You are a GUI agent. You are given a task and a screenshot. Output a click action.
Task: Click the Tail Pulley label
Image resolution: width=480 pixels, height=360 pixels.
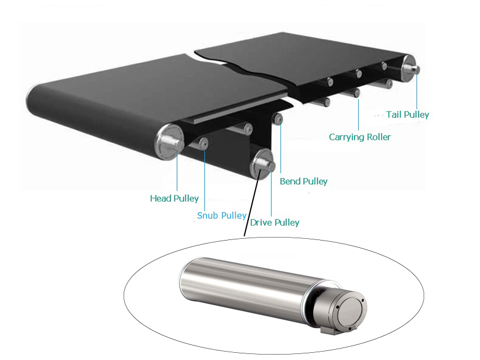pyautogui.click(x=408, y=114)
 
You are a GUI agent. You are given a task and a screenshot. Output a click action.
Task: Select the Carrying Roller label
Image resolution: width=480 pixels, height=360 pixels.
pyautogui.click(x=359, y=137)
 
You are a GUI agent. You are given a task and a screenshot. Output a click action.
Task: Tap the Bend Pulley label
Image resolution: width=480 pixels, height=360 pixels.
pyautogui.click(x=304, y=181)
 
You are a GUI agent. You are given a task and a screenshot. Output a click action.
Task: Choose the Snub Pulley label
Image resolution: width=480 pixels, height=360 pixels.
pyautogui.click(x=221, y=215)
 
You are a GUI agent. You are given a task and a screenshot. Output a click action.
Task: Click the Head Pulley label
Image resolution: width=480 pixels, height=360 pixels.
pyautogui.click(x=174, y=199)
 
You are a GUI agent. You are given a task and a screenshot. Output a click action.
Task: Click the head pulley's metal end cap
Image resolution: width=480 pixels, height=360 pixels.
pyautogui.click(x=167, y=139)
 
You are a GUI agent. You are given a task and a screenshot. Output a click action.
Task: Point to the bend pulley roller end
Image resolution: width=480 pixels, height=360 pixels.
pyautogui.click(x=278, y=119)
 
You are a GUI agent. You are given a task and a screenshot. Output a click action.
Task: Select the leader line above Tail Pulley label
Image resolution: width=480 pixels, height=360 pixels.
pyautogui.click(x=417, y=90)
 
